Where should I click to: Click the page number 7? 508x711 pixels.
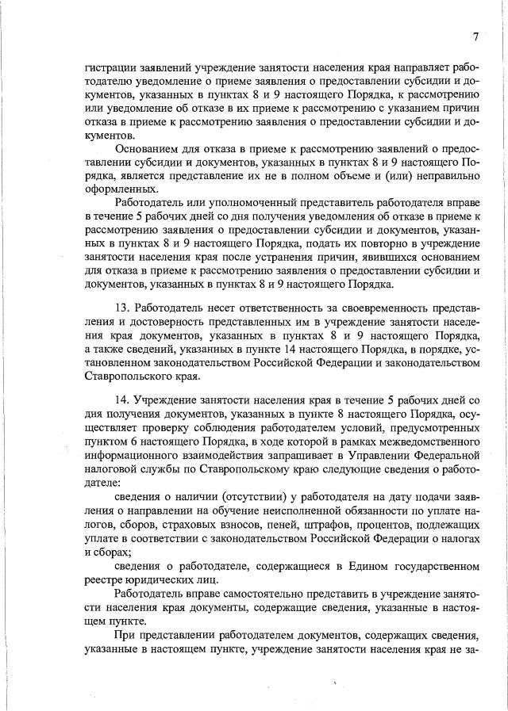click(475, 36)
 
